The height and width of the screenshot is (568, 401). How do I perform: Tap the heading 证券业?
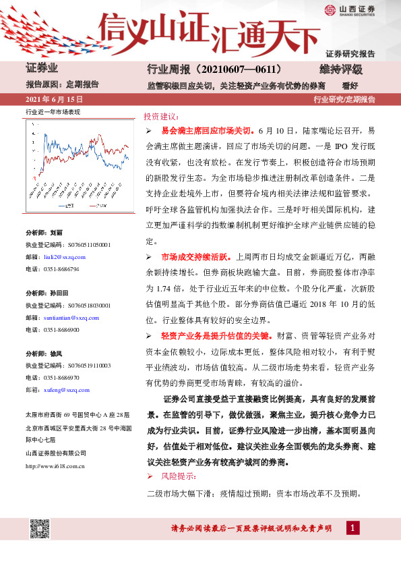point(42,69)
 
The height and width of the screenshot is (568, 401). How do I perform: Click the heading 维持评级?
point(341,69)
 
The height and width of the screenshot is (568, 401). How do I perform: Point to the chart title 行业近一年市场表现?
point(53,111)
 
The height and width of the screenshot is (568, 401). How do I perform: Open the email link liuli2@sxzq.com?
point(64,258)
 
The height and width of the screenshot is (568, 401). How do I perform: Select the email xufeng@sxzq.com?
point(65,389)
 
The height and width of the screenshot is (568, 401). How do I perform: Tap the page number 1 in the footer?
point(352,527)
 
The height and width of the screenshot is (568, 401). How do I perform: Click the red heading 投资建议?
point(162,116)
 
